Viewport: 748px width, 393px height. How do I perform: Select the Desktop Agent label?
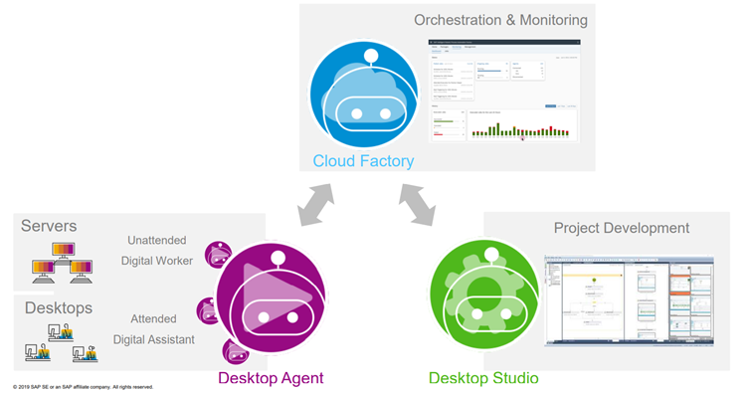click(x=270, y=378)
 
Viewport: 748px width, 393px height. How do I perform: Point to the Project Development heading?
click(x=622, y=229)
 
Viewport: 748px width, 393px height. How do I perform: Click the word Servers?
click(x=50, y=226)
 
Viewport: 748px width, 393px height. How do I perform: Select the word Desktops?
click(x=57, y=308)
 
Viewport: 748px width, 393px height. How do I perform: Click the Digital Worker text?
click(x=156, y=261)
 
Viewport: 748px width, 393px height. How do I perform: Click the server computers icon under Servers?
click(x=58, y=261)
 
